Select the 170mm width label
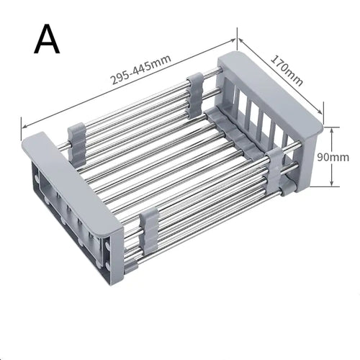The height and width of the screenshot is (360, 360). point(286,70)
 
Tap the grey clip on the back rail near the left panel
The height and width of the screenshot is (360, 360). point(77,138)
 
